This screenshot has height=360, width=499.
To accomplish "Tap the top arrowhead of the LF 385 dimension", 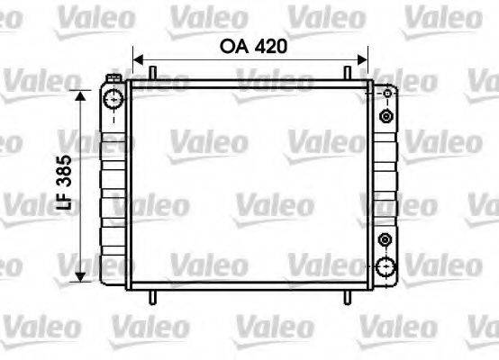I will (x=82, y=95).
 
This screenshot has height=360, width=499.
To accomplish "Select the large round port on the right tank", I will (x=387, y=266).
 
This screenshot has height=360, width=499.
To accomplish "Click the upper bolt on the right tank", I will (x=386, y=117).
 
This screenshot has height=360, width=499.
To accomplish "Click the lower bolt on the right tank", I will (x=386, y=239).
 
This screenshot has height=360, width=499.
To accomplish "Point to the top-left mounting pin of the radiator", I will (x=154, y=72).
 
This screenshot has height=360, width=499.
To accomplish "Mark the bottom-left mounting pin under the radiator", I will (x=154, y=297).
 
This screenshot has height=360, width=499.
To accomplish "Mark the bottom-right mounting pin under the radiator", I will (x=347, y=297).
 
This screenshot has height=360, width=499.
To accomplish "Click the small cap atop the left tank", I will (x=113, y=82).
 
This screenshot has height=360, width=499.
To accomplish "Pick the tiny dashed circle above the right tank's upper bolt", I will (x=387, y=93).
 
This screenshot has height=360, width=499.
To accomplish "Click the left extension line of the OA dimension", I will (x=132, y=63).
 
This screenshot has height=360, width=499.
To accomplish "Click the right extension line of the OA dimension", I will (x=368, y=63).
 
